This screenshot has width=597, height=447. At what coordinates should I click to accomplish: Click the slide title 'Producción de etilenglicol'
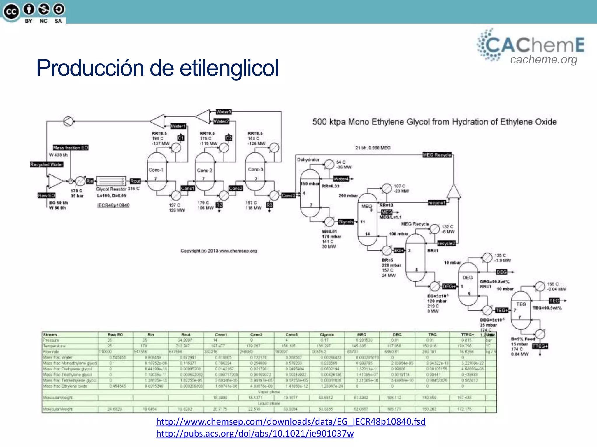click(x=157, y=68)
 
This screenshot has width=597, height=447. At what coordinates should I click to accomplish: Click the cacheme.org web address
click(x=544, y=60)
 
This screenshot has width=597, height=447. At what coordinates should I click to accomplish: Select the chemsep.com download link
click(x=291, y=421)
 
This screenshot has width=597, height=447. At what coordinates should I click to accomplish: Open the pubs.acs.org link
click(x=255, y=434)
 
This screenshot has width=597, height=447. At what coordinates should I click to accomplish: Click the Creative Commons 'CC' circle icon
click(x=11, y=12)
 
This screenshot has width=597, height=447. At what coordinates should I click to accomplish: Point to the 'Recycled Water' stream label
click(x=47, y=164)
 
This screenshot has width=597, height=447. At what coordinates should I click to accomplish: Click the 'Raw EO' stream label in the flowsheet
click(x=46, y=196)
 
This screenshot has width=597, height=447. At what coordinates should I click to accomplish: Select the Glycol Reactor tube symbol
click(x=111, y=181)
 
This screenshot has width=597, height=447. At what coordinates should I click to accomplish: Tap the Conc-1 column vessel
click(x=157, y=172)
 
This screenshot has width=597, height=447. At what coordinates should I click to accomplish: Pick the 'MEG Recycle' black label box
click(x=437, y=155)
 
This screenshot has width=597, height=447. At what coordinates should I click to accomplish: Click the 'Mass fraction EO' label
click(x=71, y=148)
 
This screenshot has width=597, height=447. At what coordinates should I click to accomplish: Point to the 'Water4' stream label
click(x=341, y=179)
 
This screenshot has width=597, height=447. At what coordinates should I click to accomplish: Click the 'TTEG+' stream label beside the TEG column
click(x=540, y=346)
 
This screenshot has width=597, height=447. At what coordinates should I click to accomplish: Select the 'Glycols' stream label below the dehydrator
click(x=346, y=222)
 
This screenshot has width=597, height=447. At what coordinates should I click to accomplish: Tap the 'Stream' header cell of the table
click(x=50, y=335)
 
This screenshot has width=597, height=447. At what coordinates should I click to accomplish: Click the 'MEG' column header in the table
click(x=362, y=335)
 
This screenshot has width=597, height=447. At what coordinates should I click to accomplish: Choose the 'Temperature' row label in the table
click(x=55, y=346)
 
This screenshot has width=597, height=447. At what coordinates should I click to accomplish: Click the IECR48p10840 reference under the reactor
click(x=113, y=205)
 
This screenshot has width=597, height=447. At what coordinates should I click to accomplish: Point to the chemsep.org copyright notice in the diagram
click(x=219, y=251)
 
